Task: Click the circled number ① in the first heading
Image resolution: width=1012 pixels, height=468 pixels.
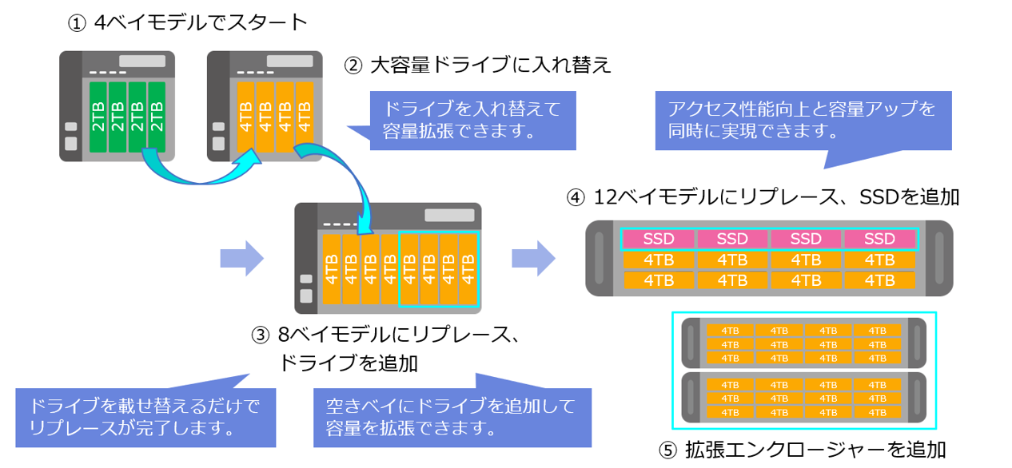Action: point(77,23)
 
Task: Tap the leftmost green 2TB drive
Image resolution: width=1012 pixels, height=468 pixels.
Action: point(98,117)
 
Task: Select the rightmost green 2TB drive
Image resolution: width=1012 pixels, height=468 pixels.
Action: point(157,117)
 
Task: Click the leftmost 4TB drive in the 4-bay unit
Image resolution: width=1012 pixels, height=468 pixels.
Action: point(245,117)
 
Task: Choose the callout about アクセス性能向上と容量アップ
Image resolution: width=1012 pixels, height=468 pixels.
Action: point(803,121)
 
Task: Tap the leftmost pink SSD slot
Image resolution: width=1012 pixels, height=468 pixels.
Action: point(659,239)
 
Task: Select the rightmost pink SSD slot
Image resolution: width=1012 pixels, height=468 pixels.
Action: point(879,239)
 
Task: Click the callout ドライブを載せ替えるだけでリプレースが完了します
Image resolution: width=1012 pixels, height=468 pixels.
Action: point(145,418)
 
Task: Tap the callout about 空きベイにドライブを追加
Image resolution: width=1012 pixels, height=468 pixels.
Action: point(452,418)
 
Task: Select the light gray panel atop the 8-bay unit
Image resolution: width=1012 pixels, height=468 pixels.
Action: point(448,216)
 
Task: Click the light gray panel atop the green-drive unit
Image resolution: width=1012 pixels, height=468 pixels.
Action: point(142,61)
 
